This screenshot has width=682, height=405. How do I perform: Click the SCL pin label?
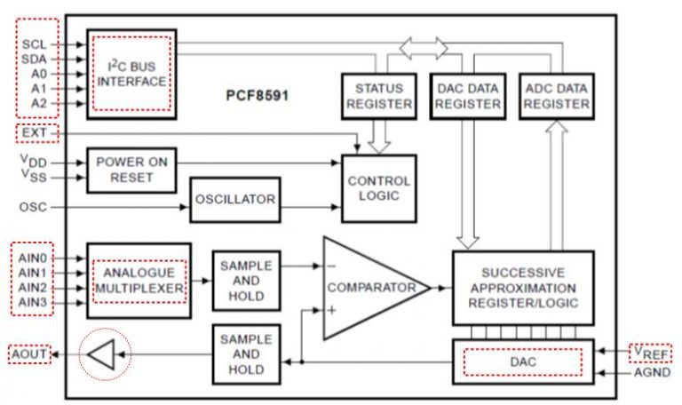coord(35,43)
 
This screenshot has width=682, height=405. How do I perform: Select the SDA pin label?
coord(35,58)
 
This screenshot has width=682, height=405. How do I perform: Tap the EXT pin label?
coord(35,133)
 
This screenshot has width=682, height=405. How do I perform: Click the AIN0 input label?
coord(34,257)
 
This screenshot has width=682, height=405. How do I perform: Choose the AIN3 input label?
coord(34,304)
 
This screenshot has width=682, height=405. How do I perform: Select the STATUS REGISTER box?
coord(378,96)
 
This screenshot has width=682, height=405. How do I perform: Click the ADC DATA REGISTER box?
coord(557,96)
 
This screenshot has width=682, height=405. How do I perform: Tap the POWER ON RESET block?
coord(131,170)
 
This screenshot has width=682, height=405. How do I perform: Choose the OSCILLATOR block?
coord(235,199)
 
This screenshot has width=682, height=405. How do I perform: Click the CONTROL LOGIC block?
coord(379,187)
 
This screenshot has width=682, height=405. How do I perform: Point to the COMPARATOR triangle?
coord(369,288)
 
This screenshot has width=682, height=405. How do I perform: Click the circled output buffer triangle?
coord(101,356)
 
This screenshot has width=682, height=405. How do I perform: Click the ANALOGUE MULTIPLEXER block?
coord(139,281)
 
